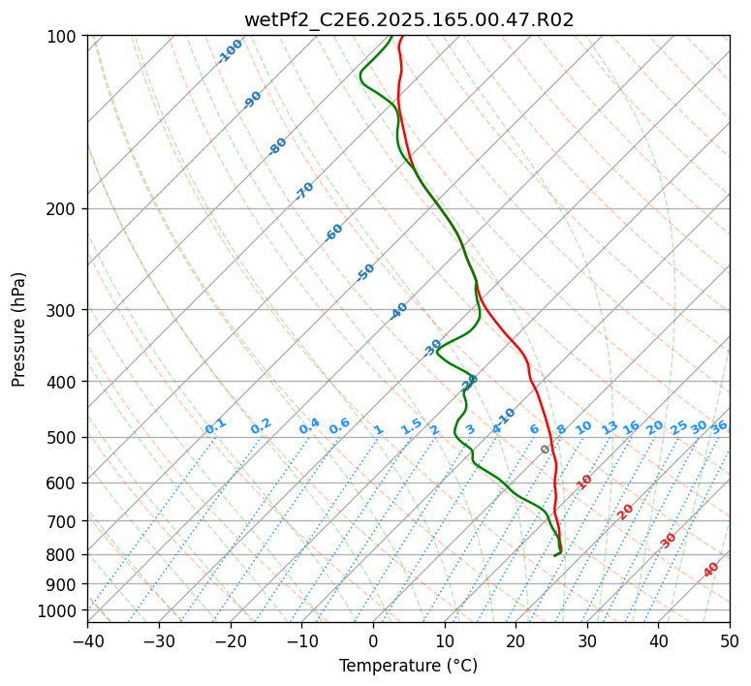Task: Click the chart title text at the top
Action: (409, 19)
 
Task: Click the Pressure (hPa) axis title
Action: (18, 328)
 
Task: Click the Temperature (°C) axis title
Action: (408, 667)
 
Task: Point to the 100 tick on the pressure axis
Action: (63, 37)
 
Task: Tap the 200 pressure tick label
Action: (63, 208)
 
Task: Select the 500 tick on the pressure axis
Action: (63, 437)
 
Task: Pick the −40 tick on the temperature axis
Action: (87, 640)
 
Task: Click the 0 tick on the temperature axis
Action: (373, 640)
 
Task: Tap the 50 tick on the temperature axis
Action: (730, 640)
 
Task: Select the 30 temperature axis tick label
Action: (587, 640)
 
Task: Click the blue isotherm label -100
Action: (230, 50)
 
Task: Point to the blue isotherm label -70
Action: (304, 191)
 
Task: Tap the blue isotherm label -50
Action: (365, 272)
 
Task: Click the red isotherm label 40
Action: (711, 570)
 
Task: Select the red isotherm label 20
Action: (626, 511)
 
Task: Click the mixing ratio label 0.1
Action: (215, 426)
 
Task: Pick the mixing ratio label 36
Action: (719, 426)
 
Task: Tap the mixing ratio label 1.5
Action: (411, 426)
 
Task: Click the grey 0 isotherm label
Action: (546, 450)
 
